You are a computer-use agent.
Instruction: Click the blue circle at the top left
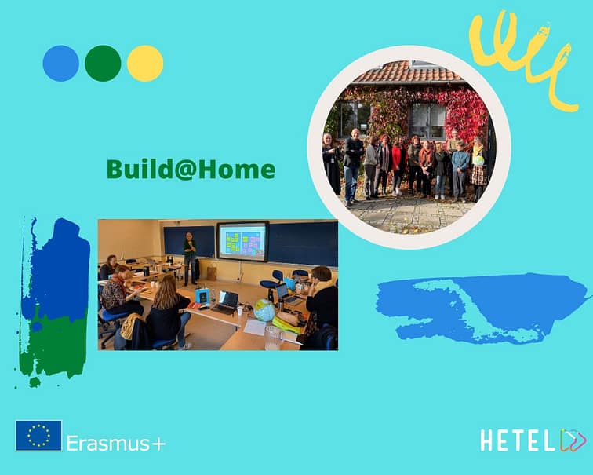[61, 64]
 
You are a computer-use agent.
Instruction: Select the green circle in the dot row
[103, 64]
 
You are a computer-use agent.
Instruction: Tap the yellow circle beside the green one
[145, 64]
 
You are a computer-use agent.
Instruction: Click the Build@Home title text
[191, 169]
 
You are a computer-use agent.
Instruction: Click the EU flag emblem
[38, 436]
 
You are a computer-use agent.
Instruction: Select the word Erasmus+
[116, 443]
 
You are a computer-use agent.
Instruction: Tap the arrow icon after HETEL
[573, 440]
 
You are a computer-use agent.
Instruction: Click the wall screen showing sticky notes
[243, 242]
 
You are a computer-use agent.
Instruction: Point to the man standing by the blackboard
[190, 258]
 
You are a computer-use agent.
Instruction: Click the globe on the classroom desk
[264, 310]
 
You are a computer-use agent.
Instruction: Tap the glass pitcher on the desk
[273, 338]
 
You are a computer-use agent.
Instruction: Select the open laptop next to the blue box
[226, 302]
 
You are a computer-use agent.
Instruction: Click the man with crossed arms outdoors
[352, 167]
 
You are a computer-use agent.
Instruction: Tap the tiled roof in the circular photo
[406, 72]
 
